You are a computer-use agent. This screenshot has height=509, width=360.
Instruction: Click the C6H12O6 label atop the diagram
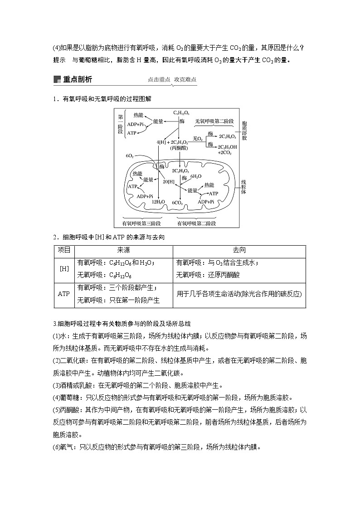pyautogui.click(x=181, y=112)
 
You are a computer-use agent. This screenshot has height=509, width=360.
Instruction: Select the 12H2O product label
pyautogui.click(x=158, y=202)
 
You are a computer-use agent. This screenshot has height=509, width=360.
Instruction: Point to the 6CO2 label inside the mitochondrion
pyautogui.click(x=177, y=202)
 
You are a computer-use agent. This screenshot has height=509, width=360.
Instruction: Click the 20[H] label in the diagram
pyautogui.click(x=169, y=182)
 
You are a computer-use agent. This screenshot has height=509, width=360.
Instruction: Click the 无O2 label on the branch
pyautogui.click(x=198, y=138)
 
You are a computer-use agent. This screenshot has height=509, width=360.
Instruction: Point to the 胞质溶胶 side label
pyautogui.click(x=244, y=130)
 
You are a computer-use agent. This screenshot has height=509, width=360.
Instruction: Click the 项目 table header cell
pyautogui.click(x=64, y=250)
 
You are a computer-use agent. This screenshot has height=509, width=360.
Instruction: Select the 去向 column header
pyautogui.click(x=239, y=250)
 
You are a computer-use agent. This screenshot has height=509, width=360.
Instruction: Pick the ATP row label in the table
pyautogui.click(x=64, y=294)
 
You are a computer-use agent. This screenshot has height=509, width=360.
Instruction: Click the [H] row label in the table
pyautogui.click(x=64, y=268)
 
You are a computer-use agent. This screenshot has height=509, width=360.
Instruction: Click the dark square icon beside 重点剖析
pyautogui.click(x=57, y=80)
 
